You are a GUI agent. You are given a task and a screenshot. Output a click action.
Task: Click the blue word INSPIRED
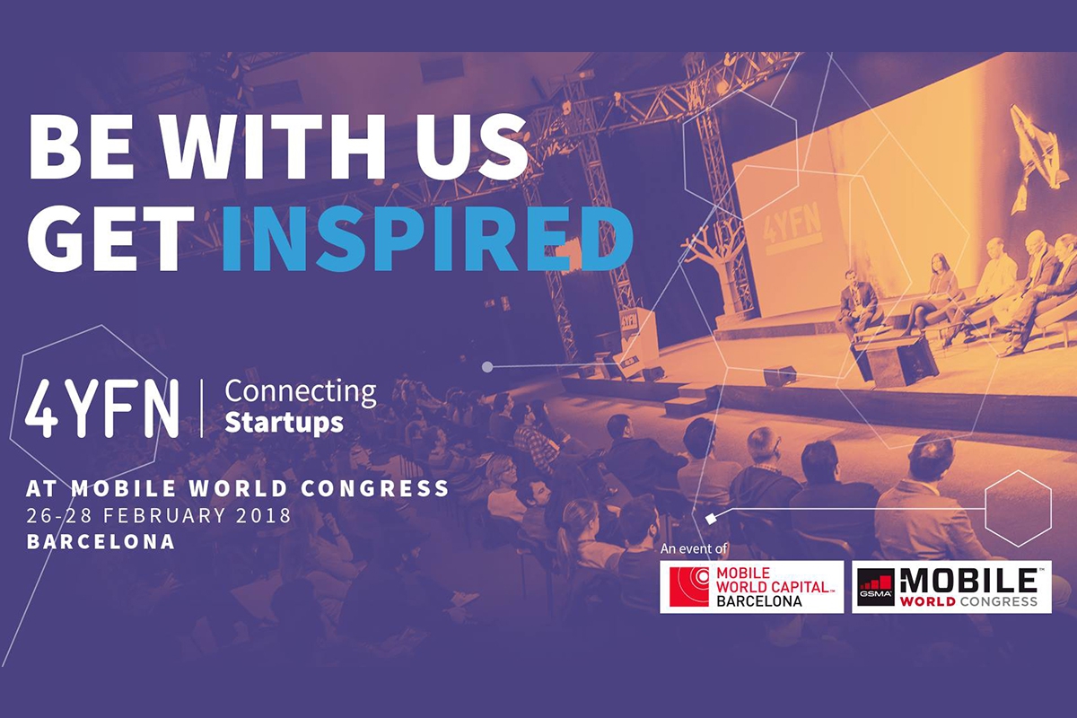coord(428,241)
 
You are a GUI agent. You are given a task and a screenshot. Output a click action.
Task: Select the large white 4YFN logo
coord(102,408)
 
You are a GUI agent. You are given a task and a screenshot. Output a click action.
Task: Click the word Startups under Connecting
coord(285,423)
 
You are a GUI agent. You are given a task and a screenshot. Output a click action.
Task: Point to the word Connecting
coord(301,392)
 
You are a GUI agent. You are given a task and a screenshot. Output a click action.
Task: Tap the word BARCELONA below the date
coord(101,542)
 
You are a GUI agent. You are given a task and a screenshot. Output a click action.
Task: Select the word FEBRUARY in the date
coord(164,515)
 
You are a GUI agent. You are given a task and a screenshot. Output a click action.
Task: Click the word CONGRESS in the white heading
coord(375,488)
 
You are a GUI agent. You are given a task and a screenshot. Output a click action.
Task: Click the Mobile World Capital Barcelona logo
coord(751,587)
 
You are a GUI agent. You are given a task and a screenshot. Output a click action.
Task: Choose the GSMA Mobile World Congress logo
coord(951,587)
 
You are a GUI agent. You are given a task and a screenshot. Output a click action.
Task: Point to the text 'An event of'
coord(694,548)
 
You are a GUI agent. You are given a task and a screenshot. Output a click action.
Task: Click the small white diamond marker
coord(711,519)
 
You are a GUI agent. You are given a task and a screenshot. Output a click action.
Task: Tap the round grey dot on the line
coord(487,367)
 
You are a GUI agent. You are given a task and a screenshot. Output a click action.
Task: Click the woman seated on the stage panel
coord(933,293)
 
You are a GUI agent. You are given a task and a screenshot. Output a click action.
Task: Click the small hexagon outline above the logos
coord(1018,508)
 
